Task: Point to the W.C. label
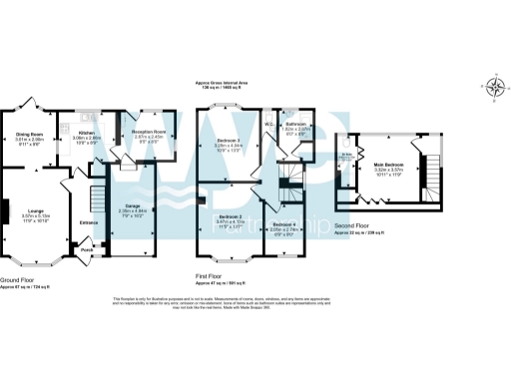coord(269,125)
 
